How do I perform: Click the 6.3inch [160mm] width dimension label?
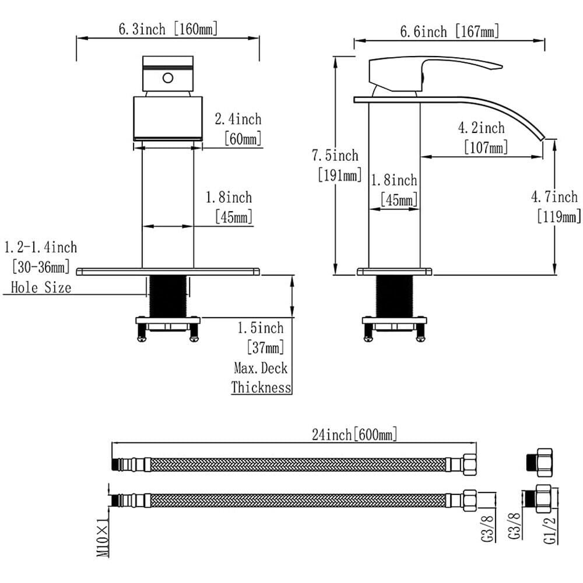[168, 29]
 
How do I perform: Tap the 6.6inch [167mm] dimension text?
[449, 31]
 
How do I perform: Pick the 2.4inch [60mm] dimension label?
[238, 129]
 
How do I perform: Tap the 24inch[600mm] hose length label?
[354, 434]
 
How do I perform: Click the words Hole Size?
[41, 287]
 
